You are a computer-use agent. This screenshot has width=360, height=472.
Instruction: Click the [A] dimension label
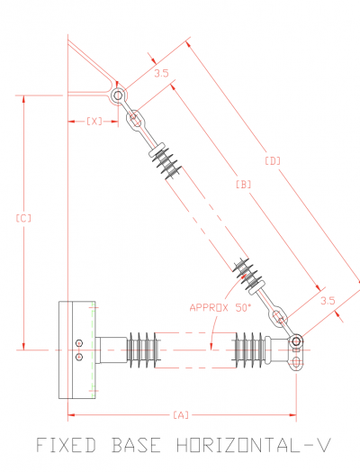coord(180,414)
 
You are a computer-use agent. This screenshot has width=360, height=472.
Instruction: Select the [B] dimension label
coord(242,184)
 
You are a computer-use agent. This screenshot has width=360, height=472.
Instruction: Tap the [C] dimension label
coord(24,218)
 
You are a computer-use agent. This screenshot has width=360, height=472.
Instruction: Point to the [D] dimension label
coord(273,161)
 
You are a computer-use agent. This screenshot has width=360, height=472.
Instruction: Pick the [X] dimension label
coord(94,121)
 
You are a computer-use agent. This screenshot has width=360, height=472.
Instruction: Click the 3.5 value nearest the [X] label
coord(161,74)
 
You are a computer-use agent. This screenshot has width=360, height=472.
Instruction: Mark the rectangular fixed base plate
coord(76,349)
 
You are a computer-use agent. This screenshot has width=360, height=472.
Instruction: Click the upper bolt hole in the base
coord(79,342)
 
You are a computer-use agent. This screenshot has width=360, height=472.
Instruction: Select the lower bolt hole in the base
coord(79,357)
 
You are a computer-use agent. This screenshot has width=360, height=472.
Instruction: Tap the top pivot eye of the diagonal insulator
coord(117,95)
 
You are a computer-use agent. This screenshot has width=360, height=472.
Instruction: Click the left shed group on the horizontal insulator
coord(143,349)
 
